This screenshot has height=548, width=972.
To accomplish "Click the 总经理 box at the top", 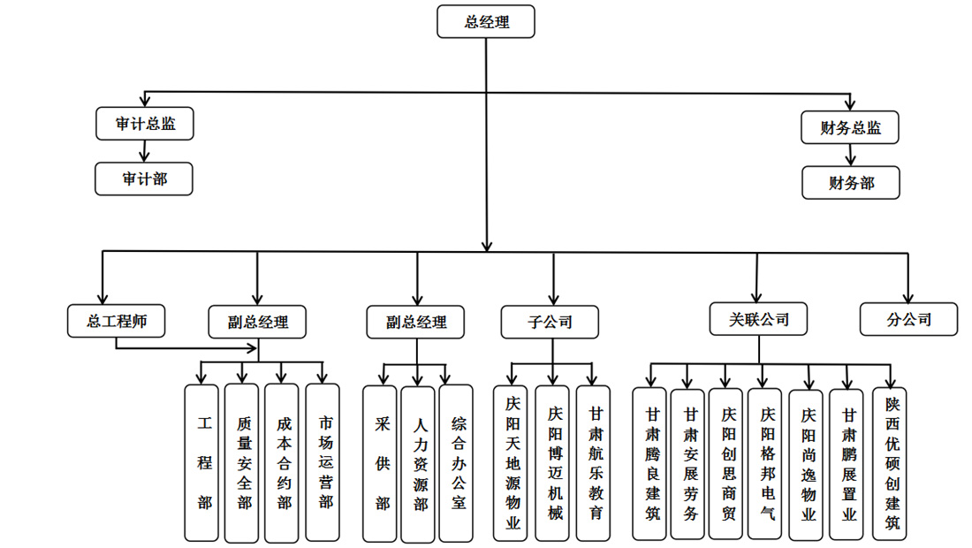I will pyautogui.click(x=486, y=22).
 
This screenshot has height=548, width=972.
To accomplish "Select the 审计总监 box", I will pyautogui.click(x=145, y=124).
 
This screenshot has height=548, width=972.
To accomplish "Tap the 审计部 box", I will pyautogui.click(x=144, y=179).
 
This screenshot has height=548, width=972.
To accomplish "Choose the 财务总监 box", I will pyautogui.click(x=850, y=127).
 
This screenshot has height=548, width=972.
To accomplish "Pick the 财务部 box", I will pyautogui.click(x=851, y=183).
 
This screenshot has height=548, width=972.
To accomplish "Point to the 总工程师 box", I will pyautogui.click(x=117, y=321).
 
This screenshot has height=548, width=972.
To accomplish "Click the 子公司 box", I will pyautogui.click(x=550, y=322).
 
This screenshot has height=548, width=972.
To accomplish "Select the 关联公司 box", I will pyautogui.click(x=758, y=318).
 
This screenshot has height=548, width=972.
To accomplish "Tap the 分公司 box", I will pyautogui.click(x=908, y=319).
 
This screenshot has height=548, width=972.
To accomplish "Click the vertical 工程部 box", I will pyautogui.click(x=201, y=462).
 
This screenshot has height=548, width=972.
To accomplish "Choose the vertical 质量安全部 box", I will pyautogui.click(x=241, y=462).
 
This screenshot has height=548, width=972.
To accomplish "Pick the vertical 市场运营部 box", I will pyautogui.click(x=323, y=462).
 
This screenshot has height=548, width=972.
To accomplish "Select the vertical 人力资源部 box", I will pyautogui.click(x=418, y=463).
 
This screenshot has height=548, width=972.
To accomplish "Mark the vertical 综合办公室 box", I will pyautogui.click(x=457, y=463).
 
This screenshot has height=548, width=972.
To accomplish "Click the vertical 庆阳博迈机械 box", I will pyautogui.click(x=553, y=463).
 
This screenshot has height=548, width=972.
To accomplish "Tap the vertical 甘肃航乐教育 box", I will pyautogui.click(x=593, y=463).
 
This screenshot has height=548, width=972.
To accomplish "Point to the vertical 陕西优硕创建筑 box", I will pyautogui.click(x=890, y=463).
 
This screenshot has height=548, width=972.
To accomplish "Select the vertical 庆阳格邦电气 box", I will pyautogui.click(x=765, y=463).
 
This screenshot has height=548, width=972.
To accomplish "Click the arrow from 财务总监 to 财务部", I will pyautogui.click(x=850, y=156).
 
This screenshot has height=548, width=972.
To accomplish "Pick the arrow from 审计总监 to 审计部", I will pyautogui.click(x=144, y=151).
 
